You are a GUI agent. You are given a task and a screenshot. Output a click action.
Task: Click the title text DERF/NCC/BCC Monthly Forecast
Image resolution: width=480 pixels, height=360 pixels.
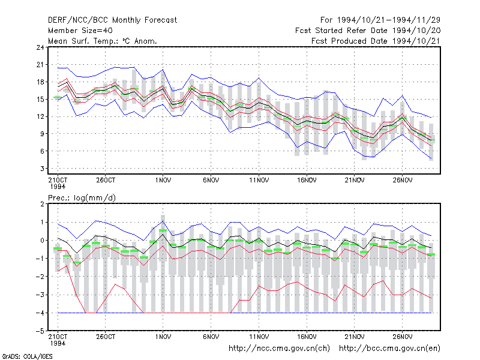tap(112, 20)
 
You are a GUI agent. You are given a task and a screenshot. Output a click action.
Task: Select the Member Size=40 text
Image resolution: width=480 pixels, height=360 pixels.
tap(80, 31)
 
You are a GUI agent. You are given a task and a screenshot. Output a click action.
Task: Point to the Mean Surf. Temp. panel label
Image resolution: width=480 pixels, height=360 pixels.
tap(102, 41)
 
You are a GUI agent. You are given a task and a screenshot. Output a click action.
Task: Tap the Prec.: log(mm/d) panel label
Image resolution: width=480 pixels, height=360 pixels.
tap(82, 198)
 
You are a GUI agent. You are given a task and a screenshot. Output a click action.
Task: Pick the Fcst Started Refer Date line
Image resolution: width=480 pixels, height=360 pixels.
tap(368, 31)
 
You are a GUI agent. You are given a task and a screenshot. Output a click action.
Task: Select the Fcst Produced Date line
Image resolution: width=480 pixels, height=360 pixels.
tap(376, 41)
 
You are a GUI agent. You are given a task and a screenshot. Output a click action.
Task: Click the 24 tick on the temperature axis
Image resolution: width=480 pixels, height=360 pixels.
tap(40, 47)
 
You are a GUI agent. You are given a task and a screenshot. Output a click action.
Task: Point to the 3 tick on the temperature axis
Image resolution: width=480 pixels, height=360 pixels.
tap(42, 169)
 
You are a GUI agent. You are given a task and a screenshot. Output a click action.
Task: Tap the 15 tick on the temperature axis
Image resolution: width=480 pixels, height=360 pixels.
tap(40, 100)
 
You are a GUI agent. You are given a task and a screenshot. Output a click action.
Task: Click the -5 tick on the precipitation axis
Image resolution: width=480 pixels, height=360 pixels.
tap(40, 331)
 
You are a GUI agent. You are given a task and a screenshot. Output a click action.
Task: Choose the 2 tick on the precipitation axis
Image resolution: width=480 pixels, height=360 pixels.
tap(42, 204)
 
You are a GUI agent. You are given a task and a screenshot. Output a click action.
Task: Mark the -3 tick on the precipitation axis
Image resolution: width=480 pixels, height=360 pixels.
tap(40, 295)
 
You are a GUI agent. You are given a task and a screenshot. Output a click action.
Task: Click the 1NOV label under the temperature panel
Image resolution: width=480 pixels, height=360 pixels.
tap(163, 181)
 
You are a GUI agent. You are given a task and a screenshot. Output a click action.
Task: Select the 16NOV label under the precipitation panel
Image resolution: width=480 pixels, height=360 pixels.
tap(307, 337)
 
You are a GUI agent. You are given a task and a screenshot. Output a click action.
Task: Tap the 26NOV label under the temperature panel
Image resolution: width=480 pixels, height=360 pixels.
tap(403, 181)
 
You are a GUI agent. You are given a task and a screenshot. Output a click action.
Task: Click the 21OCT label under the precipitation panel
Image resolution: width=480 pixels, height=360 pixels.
tap(58, 337)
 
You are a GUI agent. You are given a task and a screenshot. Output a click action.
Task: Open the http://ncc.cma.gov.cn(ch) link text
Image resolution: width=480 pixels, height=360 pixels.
tap(280, 349)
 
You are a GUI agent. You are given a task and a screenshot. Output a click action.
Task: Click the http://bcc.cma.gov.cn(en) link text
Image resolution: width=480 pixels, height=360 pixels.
tap(389, 349)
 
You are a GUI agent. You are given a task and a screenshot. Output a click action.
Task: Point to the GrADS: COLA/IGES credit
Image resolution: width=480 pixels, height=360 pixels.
tap(27, 356)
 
